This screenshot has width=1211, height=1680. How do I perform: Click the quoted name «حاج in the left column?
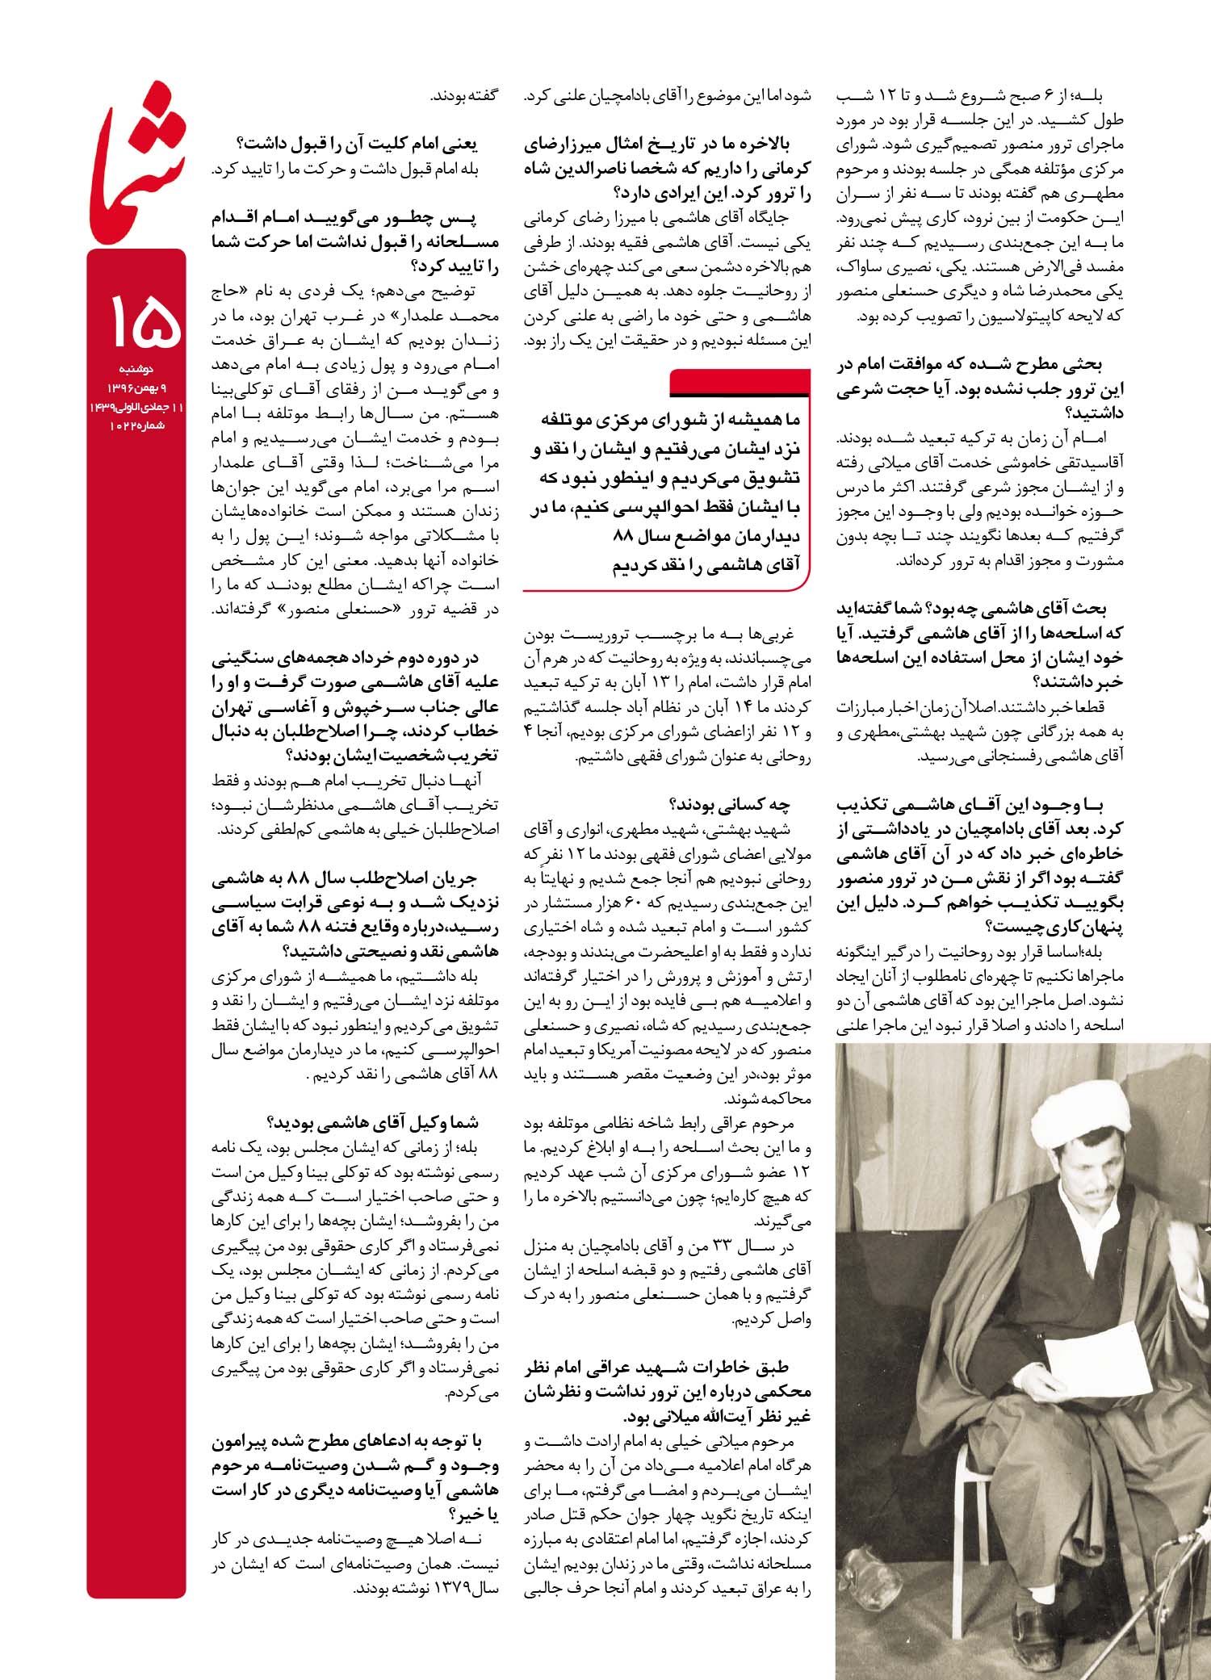[479, 291]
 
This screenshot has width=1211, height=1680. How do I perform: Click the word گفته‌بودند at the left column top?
[464, 96]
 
